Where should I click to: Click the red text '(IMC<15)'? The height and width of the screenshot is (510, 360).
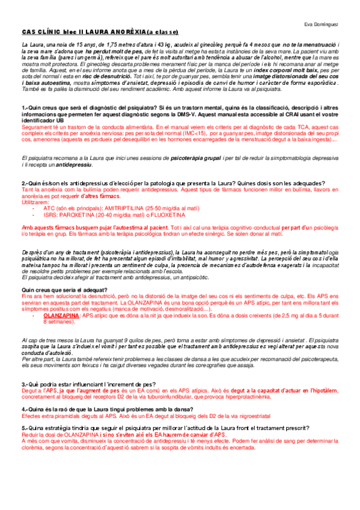[191, 134]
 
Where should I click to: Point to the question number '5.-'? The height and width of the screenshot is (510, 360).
[25, 426]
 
